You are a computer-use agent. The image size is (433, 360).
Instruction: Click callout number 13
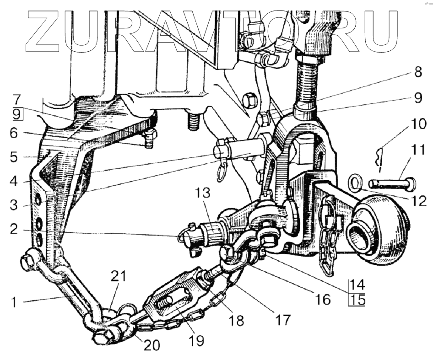pos(203,193)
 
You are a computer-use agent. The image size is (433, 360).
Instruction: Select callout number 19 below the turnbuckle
pos(198,340)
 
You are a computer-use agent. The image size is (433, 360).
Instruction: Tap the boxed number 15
pos(357,301)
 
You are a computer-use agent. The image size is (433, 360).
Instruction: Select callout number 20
pos(153,345)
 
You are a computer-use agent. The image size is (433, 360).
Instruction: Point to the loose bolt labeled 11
pos(392,184)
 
